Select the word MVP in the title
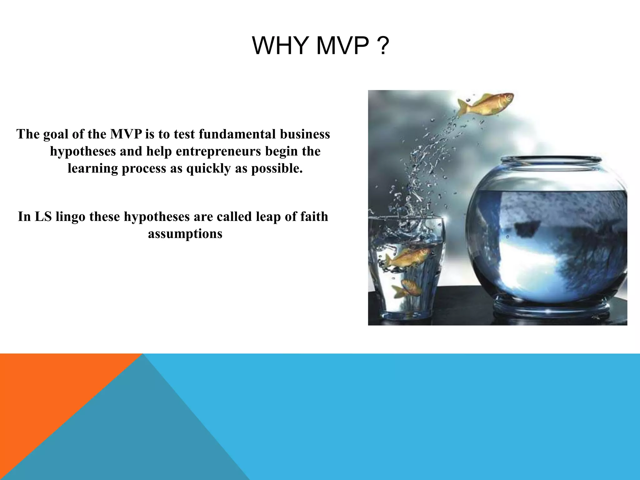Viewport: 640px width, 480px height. pyautogui.click(x=342, y=46)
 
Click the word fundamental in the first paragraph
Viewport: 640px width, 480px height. pyautogui.click(x=237, y=134)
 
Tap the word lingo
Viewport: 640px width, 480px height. pyautogui.click(x=70, y=217)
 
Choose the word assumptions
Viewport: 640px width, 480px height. pyautogui.click(x=185, y=234)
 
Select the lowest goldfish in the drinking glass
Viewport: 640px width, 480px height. pyautogui.click(x=408, y=288)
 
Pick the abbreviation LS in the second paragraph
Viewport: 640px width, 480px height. pyautogui.click(x=43, y=217)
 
